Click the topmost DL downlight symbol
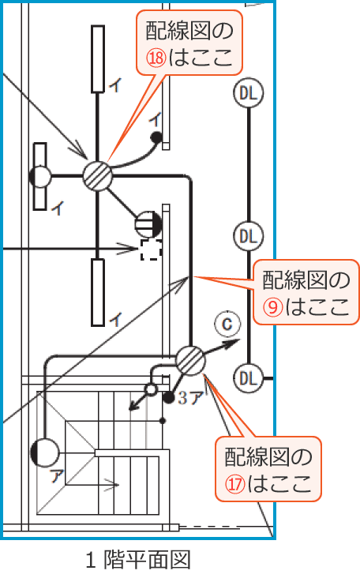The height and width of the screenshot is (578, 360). click(249, 93)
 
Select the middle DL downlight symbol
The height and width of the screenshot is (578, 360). click(249, 236)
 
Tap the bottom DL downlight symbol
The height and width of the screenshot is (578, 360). click(249, 378)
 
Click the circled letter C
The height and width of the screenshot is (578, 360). click(227, 324)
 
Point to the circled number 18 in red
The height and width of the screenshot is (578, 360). click(156, 58)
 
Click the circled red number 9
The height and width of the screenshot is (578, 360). click(273, 306)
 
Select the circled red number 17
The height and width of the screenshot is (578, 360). click(235, 483)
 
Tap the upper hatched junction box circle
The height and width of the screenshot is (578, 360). click(97, 175)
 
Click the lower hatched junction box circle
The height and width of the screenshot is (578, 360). click(190, 361)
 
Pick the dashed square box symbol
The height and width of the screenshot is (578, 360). click(151, 250)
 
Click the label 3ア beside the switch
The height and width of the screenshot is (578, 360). click(190, 398)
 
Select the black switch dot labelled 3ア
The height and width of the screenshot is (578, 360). click(168, 397)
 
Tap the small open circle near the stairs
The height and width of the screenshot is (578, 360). click(151, 389)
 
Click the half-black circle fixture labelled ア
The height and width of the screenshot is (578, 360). click(44, 452)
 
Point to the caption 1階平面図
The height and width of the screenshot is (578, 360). click(138, 560)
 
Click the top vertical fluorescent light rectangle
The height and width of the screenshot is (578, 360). click(98, 59)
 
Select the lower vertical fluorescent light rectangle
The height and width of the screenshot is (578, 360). click(98, 292)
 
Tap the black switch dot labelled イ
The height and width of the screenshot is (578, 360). click(156, 137)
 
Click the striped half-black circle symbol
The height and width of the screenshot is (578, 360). click(148, 224)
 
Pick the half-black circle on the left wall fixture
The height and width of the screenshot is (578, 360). click(40, 177)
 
